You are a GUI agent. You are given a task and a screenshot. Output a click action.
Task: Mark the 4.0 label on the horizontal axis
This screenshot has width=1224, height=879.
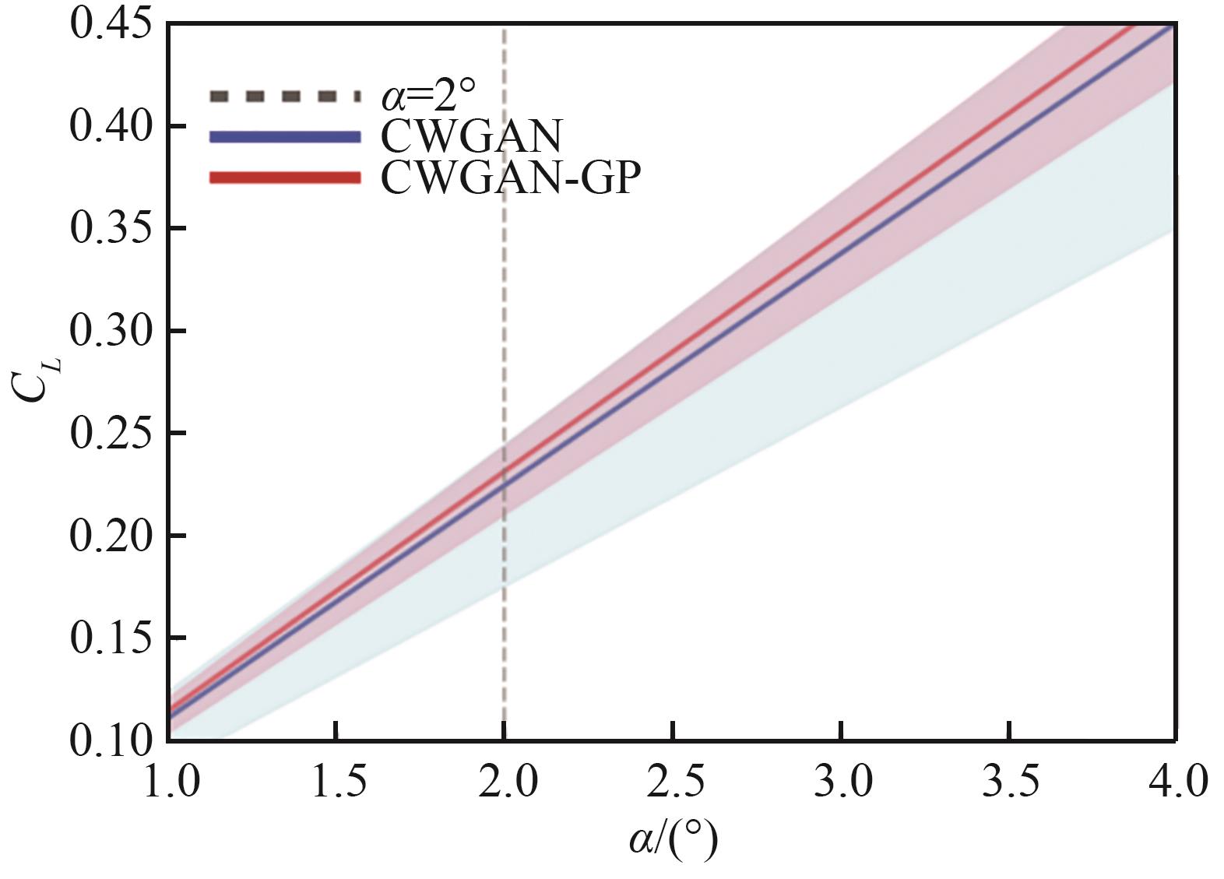click(x=1175, y=781)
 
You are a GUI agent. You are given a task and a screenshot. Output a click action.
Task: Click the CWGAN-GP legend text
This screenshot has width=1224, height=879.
click(x=511, y=178)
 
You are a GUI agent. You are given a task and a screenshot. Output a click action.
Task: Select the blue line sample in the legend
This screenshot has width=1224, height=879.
click(x=285, y=137)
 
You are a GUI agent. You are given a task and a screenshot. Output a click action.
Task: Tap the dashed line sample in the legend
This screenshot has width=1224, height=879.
click(x=285, y=97)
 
